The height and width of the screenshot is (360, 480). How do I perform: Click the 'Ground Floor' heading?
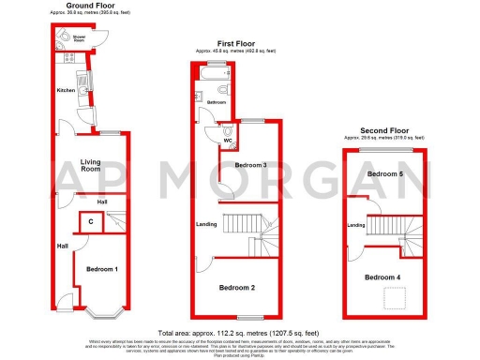(78, 5)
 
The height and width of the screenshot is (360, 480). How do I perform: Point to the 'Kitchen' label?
(66, 90)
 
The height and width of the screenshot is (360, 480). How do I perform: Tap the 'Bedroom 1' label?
(103, 269)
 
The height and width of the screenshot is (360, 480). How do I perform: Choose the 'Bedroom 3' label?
(251, 166)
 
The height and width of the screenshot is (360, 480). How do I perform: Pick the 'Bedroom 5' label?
(384, 174)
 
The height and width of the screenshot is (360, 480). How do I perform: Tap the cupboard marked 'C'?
(90, 222)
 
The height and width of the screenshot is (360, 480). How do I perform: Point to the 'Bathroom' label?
(217, 102)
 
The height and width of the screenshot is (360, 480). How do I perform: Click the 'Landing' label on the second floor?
(356, 225)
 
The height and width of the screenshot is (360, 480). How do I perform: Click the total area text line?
(239, 333)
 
